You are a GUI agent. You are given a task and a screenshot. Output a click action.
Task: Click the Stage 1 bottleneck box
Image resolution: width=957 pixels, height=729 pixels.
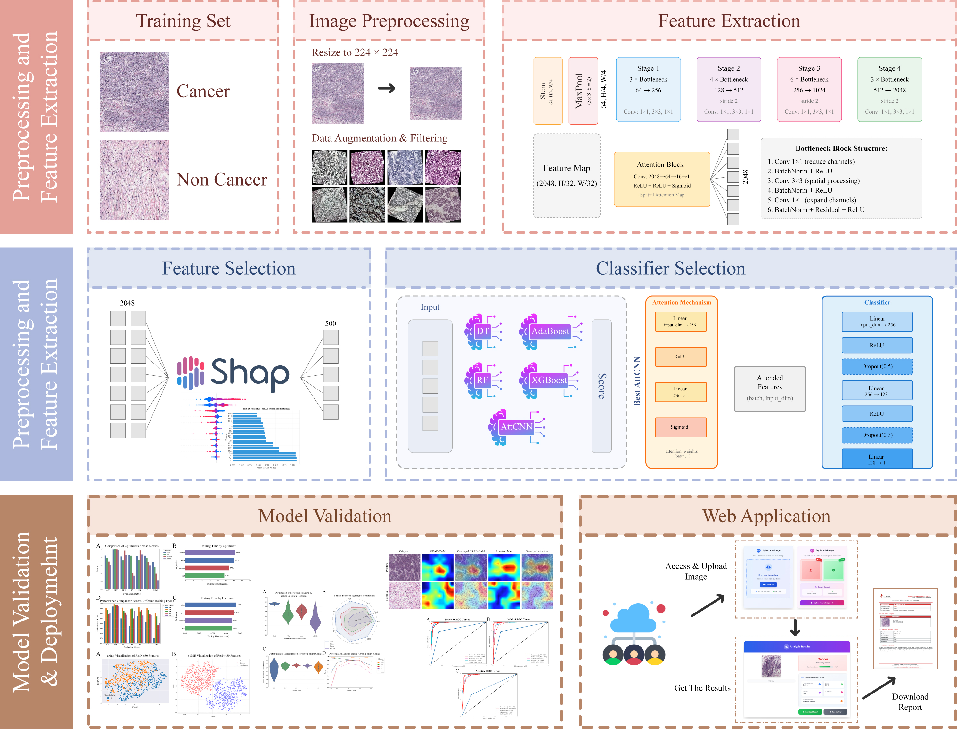pos(648,89)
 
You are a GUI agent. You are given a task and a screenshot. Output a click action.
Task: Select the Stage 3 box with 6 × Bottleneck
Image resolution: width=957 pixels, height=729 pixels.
pos(809,89)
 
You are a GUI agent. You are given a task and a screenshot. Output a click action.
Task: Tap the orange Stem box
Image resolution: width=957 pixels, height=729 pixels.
pos(548,91)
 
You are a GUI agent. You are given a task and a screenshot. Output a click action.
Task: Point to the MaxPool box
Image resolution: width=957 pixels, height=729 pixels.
pos(583,91)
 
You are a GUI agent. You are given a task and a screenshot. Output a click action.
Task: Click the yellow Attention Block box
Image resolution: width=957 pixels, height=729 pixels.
pos(662,179)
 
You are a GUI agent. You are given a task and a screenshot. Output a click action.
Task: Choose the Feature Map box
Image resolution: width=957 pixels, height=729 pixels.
pos(567,176)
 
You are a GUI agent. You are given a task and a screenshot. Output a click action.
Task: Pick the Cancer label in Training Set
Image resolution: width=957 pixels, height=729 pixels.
pos(203,91)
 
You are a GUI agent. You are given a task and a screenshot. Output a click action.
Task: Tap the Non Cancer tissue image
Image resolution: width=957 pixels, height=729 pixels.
pos(134,180)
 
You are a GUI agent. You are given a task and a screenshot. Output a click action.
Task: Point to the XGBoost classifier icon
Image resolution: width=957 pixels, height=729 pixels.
pos(549,381)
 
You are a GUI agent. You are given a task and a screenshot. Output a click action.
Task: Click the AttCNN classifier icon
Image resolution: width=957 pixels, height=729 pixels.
pos(516,427)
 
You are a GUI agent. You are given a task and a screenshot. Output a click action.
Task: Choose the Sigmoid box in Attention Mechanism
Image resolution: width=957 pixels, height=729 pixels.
pos(680,427)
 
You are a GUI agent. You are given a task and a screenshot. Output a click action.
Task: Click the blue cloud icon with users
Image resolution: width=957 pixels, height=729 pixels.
pos(634,634)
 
